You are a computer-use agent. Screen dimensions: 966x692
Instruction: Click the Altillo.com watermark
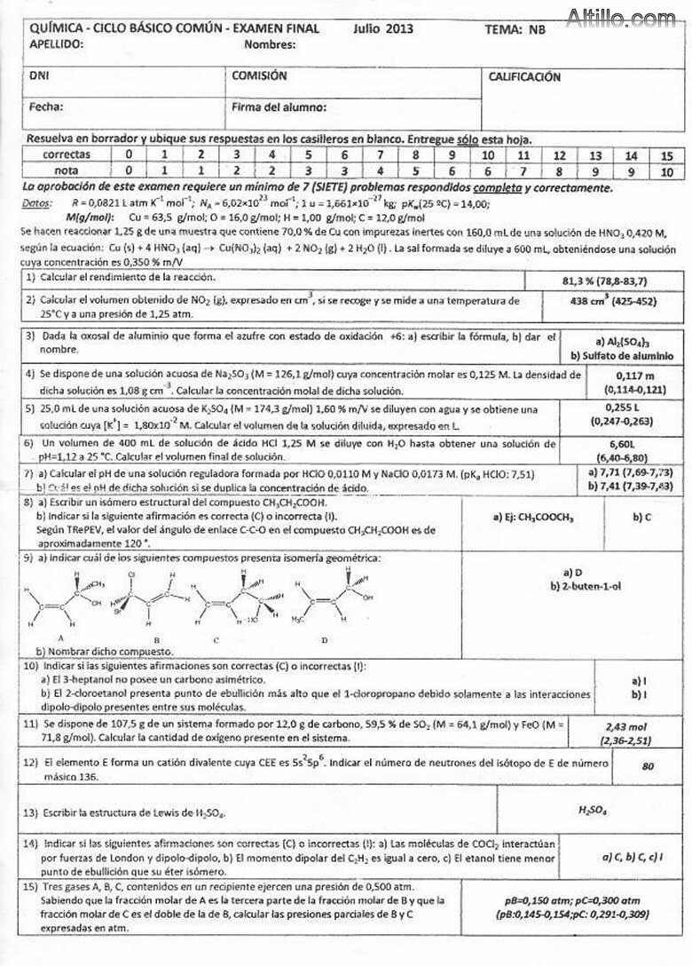[x=621, y=17]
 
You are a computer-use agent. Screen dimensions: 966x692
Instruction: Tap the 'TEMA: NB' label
[x=515, y=29]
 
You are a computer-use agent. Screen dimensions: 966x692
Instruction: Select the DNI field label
[x=39, y=76]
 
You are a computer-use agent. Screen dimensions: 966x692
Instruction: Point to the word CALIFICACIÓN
[x=524, y=77]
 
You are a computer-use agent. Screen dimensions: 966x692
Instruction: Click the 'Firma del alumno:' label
[x=279, y=107]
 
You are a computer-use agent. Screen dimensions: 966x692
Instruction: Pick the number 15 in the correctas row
[x=666, y=155]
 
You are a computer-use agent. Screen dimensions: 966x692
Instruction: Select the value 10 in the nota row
[x=666, y=170]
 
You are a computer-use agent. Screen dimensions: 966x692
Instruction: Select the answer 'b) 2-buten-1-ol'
[x=578, y=587]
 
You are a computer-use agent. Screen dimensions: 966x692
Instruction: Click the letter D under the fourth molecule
[x=324, y=638]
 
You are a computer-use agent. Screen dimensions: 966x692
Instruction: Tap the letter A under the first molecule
[x=60, y=637]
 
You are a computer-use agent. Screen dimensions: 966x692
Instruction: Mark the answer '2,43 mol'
[x=626, y=726]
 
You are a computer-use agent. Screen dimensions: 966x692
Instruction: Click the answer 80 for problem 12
[x=647, y=764]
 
